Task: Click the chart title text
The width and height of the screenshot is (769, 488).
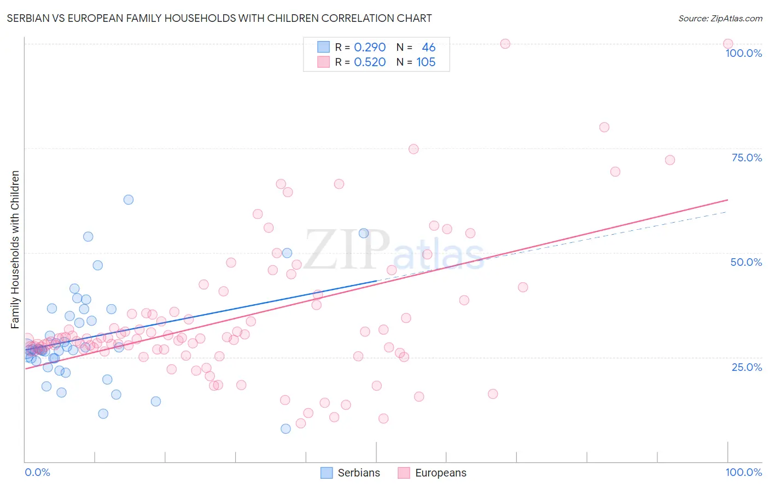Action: coord(219,19)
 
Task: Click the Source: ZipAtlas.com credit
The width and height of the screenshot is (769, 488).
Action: coord(720,19)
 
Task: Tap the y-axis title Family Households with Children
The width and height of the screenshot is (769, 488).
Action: coord(15,249)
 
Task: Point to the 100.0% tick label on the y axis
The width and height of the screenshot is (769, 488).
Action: coord(743,53)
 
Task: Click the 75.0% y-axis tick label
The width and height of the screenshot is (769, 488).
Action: coord(747,158)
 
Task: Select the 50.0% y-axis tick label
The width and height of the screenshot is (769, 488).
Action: coord(746,262)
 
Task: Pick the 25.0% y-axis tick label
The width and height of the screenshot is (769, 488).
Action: coord(747,367)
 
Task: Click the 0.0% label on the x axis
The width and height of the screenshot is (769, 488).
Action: coord(37,472)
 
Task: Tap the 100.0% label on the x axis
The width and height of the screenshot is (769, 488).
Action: coord(743,472)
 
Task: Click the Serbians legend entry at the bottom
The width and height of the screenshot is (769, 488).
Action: coord(350,473)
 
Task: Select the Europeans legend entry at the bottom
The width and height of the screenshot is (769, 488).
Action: coord(432,473)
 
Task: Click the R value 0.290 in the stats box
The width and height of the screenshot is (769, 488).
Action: coord(370,48)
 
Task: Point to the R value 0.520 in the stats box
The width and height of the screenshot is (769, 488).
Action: coord(370,62)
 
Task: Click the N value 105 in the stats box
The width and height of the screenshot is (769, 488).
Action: coord(426,62)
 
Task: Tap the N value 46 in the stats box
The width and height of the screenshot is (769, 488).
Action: coord(428,48)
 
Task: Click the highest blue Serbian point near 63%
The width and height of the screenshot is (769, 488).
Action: coord(129,200)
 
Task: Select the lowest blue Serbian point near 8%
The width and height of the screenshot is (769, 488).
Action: coord(286,429)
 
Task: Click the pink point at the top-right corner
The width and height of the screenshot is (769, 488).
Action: coord(728,44)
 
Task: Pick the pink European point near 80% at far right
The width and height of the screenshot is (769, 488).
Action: coord(604,127)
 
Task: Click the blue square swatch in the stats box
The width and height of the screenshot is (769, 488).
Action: coord(324,48)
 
